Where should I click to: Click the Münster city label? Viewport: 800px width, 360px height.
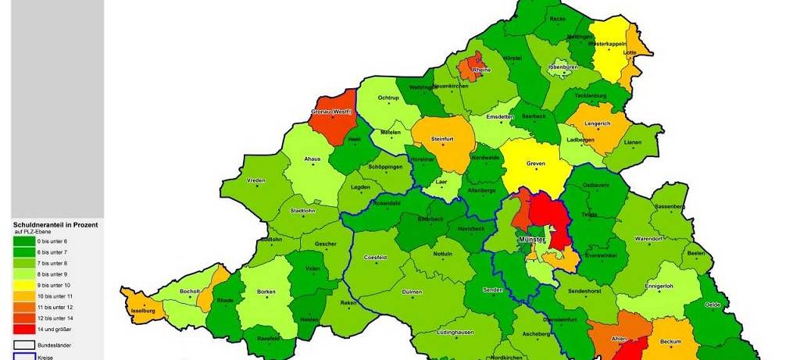(531, 238)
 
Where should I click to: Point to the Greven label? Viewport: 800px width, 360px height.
(536, 162)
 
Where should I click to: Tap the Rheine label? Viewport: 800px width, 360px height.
(482, 70)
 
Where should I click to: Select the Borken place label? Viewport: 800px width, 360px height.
(266, 291)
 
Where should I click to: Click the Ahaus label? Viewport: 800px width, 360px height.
(312, 159)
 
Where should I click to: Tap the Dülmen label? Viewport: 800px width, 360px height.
(411, 291)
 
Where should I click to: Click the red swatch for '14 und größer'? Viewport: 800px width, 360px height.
(24, 329)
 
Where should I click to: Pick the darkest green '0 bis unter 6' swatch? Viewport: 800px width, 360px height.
(24, 241)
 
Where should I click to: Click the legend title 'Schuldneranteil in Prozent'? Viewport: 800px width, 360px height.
(55, 224)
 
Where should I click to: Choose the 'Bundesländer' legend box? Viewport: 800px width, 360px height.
(24, 343)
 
